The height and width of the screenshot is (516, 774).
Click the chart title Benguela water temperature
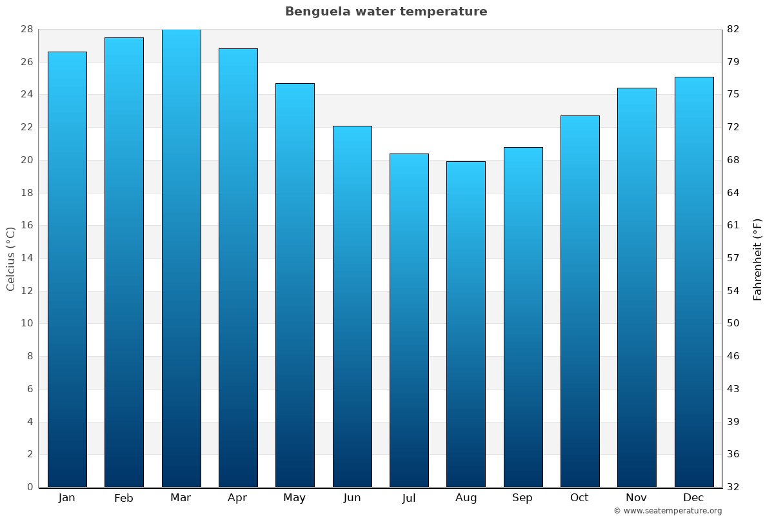click(x=386, y=12)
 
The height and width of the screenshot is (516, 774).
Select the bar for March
click(x=181, y=258)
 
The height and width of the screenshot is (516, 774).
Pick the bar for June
click(x=352, y=306)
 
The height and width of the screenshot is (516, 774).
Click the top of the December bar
click(x=694, y=78)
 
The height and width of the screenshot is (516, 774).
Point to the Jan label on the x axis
click(x=66, y=498)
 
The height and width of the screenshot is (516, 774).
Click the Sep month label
click(x=522, y=498)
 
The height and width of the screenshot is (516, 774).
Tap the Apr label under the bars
click(x=237, y=498)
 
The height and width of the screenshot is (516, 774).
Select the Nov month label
click(x=637, y=498)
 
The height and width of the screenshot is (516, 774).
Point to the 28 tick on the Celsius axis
click(x=26, y=29)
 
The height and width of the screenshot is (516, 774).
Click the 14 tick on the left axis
click(x=26, y=258)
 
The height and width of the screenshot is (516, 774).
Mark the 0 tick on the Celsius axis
click(x=30, y=487)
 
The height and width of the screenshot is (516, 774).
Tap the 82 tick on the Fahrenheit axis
click(x=733, y=29)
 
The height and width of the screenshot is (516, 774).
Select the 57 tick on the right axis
click(x=733, y=258)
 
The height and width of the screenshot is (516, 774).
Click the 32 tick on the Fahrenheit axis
click(x=733, y=487)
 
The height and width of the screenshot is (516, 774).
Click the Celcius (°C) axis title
click(x=10, y=259)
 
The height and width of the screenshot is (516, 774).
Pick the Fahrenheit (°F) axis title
click(x=757, y=259)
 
